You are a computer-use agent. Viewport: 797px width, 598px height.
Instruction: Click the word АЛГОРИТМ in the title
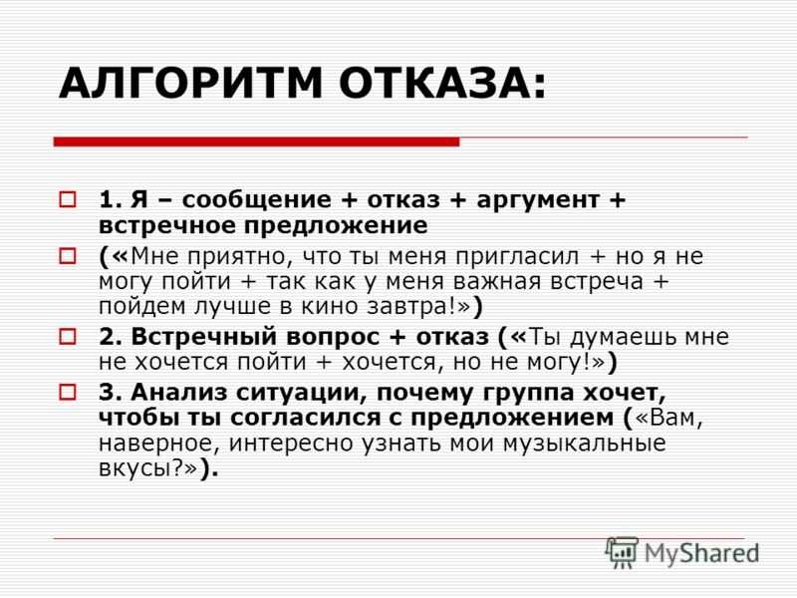coord(191,83)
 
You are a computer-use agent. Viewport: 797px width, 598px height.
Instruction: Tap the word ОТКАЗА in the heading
coord(436,83)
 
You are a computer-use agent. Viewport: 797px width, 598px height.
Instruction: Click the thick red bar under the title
coord(257,142)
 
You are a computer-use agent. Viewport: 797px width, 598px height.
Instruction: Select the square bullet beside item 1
coord(68,199)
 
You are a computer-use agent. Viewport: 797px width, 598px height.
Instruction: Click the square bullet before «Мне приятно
coord(68,256)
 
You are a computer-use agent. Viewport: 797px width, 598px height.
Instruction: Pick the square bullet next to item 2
coord(68,337)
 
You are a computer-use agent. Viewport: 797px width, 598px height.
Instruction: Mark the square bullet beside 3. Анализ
coord(68,392)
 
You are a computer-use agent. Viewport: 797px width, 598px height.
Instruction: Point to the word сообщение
coord(257,200)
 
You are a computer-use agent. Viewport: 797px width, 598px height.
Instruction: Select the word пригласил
coord(517,257)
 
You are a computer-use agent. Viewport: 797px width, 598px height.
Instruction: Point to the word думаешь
coord(620,338)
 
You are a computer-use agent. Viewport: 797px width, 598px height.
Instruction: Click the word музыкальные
coord(584,444)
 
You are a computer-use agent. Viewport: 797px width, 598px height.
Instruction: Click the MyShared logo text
coord(701,553)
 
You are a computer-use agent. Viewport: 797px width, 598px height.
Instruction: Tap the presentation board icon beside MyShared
coord(622,552)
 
